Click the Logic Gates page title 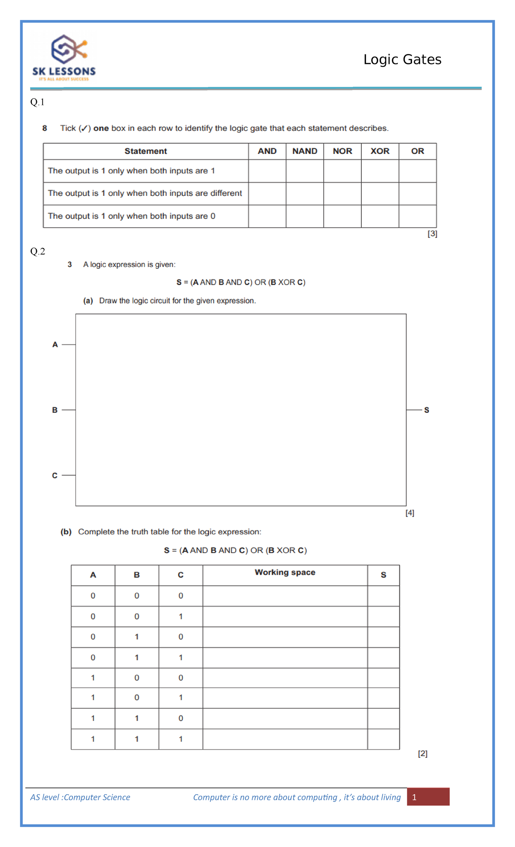[402, 60]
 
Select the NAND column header [305, 151]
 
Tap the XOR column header [380, 151]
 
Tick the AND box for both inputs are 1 [267, 171]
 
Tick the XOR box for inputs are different [380, 194]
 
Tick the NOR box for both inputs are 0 [342, 216]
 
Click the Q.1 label [37, 102]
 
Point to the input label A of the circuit [55, 345]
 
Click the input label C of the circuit [55, 475]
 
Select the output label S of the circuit [427, 410]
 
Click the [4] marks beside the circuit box [410, 513]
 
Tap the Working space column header [285, 573]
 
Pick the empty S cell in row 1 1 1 [383, 739]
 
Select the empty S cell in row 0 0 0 [383, 596]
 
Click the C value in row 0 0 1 [181, 617]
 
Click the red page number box [428, 797]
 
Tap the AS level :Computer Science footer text [80, 797]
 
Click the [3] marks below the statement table [432, 234]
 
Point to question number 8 [45, 128]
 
